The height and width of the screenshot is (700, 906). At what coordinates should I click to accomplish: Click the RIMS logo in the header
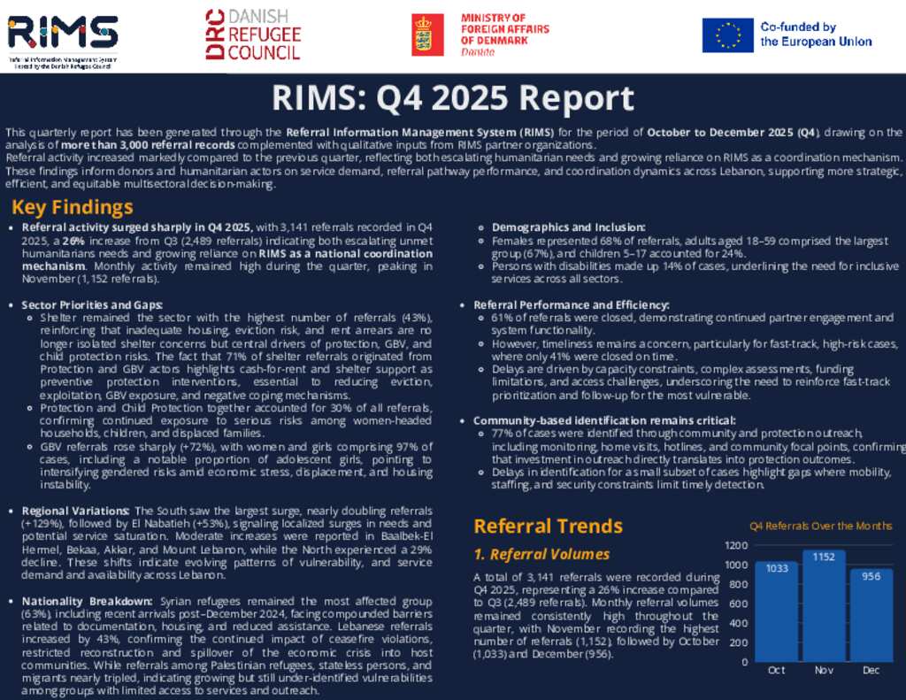62,34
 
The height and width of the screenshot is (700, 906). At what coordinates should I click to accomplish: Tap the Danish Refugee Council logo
253,35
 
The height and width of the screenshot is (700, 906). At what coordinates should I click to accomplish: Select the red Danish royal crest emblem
427,35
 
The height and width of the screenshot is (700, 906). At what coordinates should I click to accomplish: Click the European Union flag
728,35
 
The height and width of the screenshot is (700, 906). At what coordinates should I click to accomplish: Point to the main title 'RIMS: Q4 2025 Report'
452,98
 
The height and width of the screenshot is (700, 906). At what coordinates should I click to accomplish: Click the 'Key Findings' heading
73,208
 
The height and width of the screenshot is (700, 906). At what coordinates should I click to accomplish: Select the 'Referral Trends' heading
548,526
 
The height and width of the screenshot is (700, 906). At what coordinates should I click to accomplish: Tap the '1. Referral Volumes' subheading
541,555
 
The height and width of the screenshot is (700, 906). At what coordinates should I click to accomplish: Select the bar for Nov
824,605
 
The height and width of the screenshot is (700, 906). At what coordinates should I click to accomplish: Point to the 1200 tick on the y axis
735,545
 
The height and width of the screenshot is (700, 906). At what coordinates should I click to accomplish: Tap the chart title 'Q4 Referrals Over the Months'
820,526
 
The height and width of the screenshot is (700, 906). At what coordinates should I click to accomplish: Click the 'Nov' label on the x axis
824,670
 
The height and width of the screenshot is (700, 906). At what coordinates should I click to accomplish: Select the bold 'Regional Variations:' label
76,511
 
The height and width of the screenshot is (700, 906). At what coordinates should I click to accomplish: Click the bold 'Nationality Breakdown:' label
88,602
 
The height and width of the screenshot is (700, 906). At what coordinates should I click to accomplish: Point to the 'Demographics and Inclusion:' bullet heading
557,227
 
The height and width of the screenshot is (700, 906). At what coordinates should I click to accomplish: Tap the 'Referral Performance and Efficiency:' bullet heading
572,304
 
